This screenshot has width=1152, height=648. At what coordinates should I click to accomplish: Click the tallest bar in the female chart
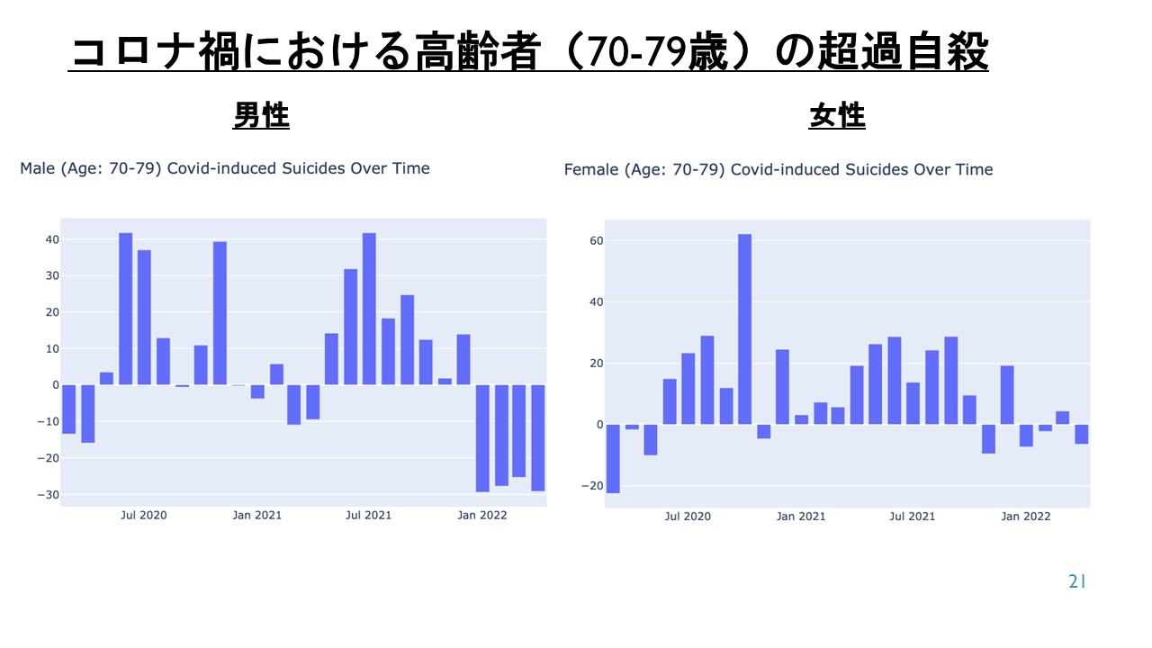(744, 329)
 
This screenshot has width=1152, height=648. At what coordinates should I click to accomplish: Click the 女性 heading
(837, 115)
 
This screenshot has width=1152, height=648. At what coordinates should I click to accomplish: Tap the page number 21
(1077, 581)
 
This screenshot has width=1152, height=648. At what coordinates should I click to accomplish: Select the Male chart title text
(225, 168)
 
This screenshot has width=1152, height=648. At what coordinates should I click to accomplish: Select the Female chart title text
(778, 169)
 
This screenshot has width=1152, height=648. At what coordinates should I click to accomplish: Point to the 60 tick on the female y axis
(596, 240)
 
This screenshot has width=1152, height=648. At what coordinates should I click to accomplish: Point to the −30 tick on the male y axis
(48, 495)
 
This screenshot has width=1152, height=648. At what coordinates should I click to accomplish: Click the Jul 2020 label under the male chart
(143, 516)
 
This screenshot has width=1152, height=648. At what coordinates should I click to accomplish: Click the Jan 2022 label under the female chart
(1025, 517)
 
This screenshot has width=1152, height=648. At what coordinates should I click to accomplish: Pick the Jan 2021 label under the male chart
(257, 516)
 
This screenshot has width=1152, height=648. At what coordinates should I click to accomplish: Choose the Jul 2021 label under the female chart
(913, 517)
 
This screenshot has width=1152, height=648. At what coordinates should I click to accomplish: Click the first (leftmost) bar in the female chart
(613, 459)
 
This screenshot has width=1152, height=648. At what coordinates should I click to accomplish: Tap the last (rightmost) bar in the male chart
(538, 437)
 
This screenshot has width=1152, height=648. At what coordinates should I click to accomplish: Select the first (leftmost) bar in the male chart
(69, 409)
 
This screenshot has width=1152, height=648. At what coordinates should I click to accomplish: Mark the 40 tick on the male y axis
(52, 239)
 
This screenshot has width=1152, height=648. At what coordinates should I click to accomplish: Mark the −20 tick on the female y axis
(592, 486)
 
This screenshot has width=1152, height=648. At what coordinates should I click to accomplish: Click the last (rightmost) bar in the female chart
(1081, 434)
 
